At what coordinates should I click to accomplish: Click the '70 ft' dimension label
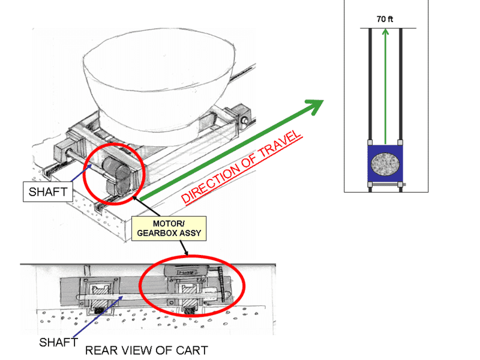[385, 19]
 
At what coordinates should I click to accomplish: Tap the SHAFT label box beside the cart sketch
[48, 192]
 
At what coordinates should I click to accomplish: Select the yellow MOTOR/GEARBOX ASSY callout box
[169, 229]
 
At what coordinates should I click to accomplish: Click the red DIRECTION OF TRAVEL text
[242, 167]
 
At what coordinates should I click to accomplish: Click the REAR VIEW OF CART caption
[146, 350]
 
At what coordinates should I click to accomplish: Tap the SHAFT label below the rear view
[58, 342]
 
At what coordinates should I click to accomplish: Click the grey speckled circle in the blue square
[385, 164]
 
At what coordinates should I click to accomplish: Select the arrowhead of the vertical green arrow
[385, 32]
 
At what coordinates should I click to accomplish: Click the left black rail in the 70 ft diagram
[370, 110]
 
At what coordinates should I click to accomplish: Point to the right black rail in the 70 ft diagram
[400, 110]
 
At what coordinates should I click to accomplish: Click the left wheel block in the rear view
[100, 295]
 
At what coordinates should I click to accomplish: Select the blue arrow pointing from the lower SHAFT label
[98, 316]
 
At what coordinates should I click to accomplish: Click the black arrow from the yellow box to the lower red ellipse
[184, 248]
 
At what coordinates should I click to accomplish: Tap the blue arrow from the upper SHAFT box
[82, 173]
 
